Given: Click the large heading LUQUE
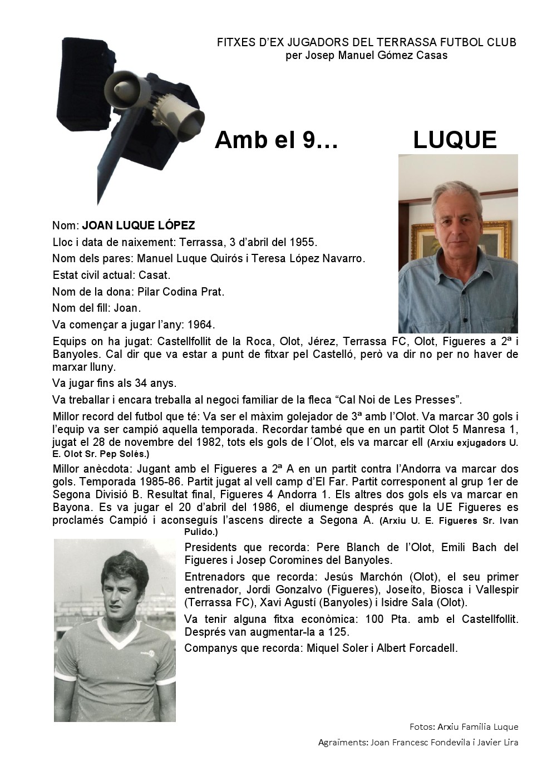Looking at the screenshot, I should [454, 140].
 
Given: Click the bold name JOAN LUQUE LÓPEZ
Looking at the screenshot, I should [139, 226].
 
